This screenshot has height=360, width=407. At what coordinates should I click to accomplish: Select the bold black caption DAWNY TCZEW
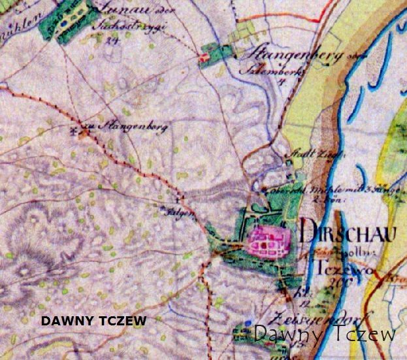(x=93, y=321)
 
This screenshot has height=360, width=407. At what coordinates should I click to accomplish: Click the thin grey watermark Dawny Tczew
(x=324, y=334)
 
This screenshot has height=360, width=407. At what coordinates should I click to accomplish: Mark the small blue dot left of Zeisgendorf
(x=249, y=324)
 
